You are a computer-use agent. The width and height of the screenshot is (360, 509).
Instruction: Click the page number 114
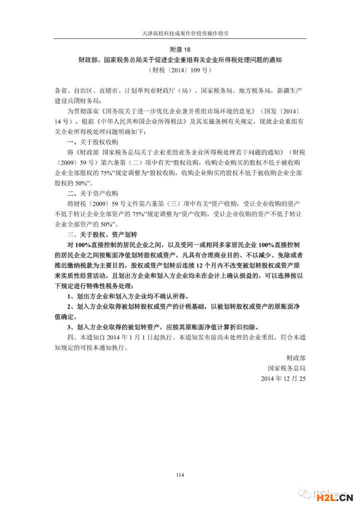[x=180, y=474]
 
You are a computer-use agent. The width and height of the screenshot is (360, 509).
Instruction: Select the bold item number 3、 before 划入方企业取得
[x=70, y=326]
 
